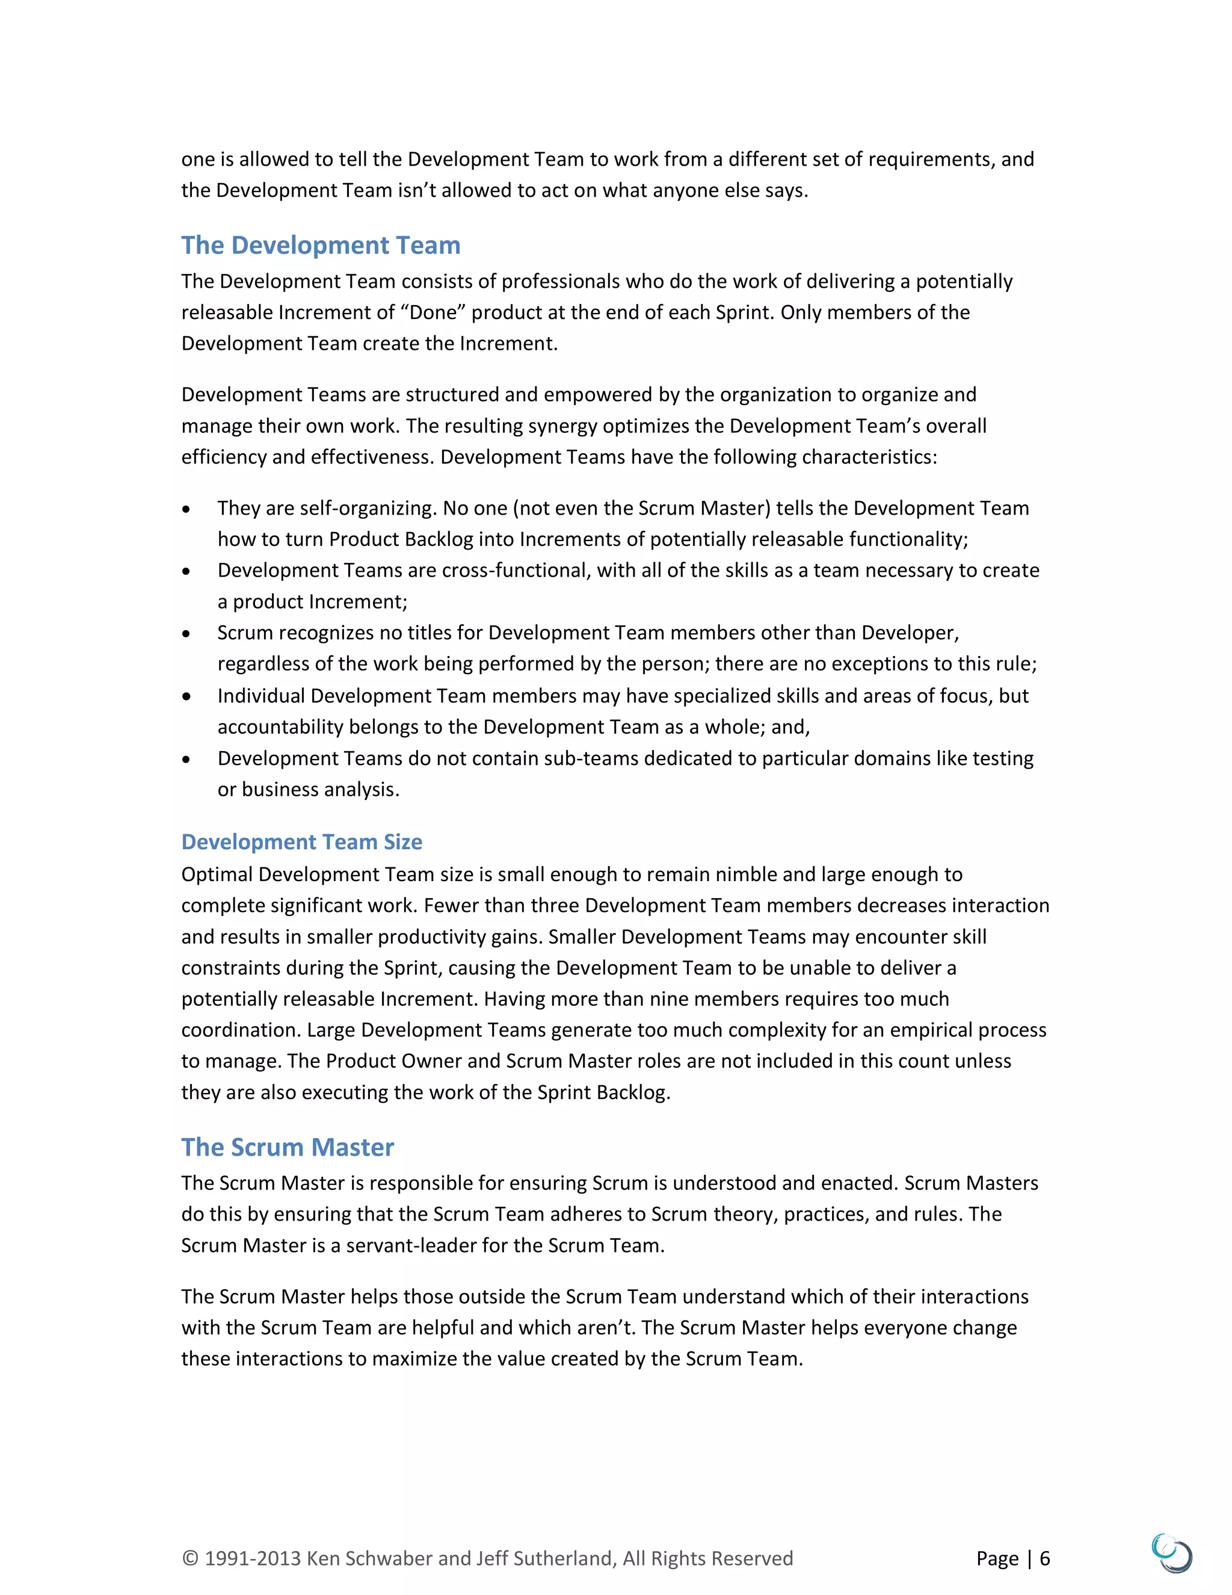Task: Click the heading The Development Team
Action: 321,246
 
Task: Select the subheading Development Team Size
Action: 301,842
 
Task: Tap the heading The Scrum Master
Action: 288,1147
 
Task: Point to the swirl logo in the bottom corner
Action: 1171,1553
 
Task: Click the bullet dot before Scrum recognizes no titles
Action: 187,634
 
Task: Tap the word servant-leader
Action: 411,1246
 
